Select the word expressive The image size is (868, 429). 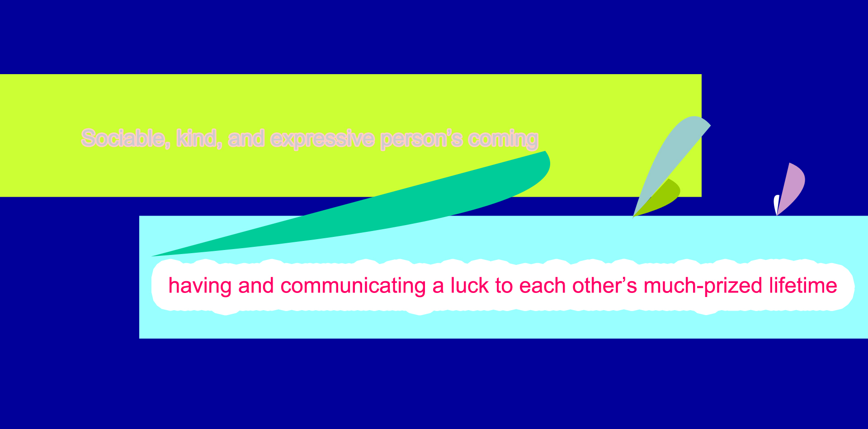point(323,139)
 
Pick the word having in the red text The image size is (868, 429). point(200,286)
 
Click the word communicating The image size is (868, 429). point(353,286)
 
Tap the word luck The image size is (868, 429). point(470,286)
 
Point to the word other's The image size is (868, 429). point(605,286)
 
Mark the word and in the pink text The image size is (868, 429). point(246,138)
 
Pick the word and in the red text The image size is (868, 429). point(256,286)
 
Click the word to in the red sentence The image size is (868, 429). point(504,286)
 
